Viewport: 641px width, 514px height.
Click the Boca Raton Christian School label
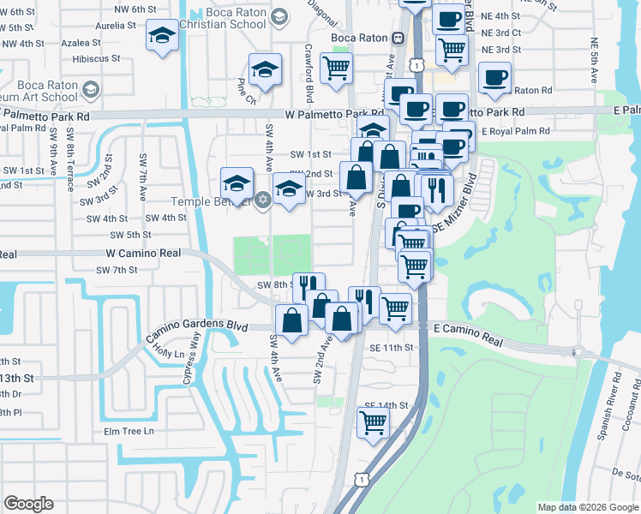pyautogui.click(x=225, y=18)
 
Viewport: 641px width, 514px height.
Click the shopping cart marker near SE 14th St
pyautogui.click(x=374, y=421)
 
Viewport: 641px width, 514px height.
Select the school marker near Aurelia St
pyautogui.click(x=160, y=36)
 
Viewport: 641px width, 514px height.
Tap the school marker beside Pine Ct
pyautogui.click(x=266, y=71)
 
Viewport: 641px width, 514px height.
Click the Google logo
pyautogui.click(x=29, y=504)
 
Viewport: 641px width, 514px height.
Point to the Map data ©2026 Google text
pyautogui.click(x=588, y=507)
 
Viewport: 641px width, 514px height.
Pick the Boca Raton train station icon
pyautogui.click(x=398, y=39)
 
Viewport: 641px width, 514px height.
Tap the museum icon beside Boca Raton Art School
pyautogui.click(x=90, y=88)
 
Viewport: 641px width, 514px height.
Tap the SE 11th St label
pyautogui.click(x=392, y=347)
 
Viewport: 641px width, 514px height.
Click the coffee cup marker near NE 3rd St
pyautogui.click(x=494, y=77)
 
